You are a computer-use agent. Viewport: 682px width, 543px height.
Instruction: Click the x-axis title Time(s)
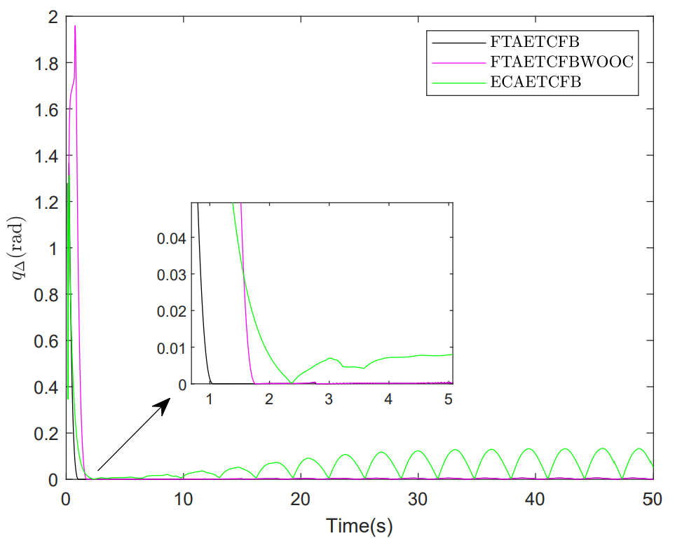pos(359,524)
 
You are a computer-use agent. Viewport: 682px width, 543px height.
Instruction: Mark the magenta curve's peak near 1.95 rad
pos(75,26)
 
